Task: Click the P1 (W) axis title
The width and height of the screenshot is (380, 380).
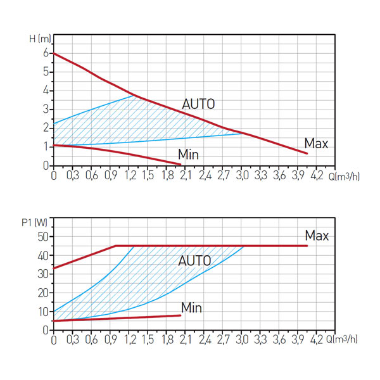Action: [34, 222]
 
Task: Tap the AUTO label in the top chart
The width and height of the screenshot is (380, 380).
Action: [198, 104]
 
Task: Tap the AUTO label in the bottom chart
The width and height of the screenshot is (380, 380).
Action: [194, 261]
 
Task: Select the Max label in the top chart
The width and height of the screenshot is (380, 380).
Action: [316, 144]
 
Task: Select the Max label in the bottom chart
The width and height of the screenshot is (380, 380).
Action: [317, 236]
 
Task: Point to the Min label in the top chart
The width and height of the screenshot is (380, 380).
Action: [188, 154]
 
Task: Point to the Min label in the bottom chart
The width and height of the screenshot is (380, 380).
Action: [191, 308]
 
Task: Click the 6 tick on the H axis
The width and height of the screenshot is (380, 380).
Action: [46, 54]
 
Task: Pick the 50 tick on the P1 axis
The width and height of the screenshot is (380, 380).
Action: [43, 237]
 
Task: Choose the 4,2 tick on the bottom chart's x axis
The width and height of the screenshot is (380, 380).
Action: [317, 340]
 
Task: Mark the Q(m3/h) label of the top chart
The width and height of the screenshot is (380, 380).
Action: [346, 175]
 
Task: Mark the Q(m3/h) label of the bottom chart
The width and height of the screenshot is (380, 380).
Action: [346, 340]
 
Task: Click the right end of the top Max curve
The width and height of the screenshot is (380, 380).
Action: [307, 153]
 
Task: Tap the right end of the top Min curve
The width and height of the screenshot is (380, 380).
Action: [180, 164]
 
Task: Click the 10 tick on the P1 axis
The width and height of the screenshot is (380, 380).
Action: [43, 312]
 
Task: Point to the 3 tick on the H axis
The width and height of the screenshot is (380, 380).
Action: [46, 110]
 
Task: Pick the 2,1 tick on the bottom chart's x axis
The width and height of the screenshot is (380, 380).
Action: [186, 340]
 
